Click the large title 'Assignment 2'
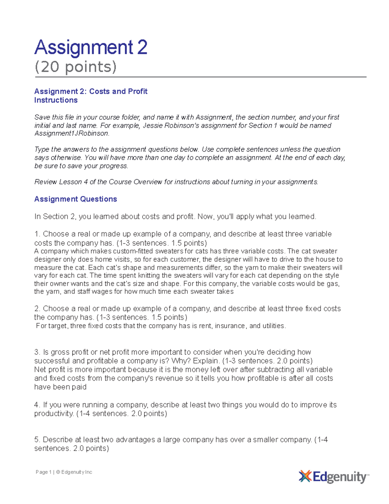coord(91,47)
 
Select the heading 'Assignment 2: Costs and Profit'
coord(91,92)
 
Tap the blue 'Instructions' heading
coord(56,100)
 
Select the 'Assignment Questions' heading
coord(76,199)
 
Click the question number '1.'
coord(37,234)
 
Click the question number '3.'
coord(37,352)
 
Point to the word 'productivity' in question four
coord(53,414)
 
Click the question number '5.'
coord(37,440)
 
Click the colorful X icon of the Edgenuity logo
coord(305,476)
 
